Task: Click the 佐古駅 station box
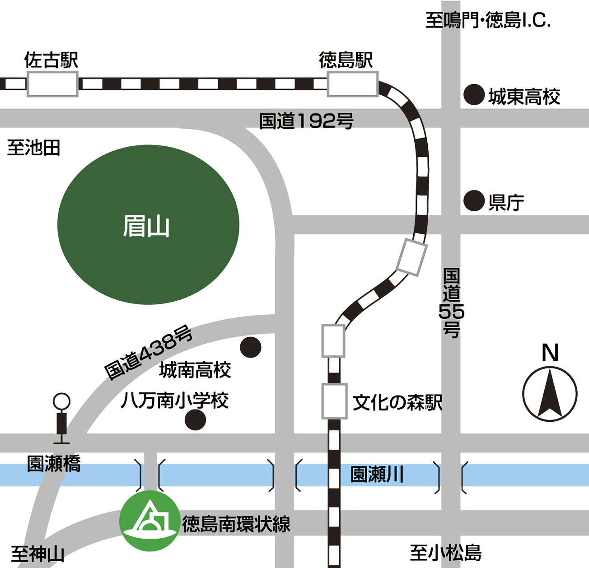coord(52,84)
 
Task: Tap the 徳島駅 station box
coord(352,84)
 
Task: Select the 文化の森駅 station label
coord(397,402)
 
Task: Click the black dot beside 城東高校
coord(474,95)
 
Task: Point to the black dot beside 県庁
coord(474,200)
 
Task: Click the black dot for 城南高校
coord(251,347)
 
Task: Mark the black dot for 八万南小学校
coord(196,419)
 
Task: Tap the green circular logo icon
coord(150,521)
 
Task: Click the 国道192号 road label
coord(306,121)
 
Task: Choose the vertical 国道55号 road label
coord(451,303)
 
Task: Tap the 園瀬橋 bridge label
coord(54,464)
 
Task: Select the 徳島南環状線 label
coord(236,524)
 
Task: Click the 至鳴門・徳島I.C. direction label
coord(488,21)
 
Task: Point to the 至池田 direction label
coord(34,148)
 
